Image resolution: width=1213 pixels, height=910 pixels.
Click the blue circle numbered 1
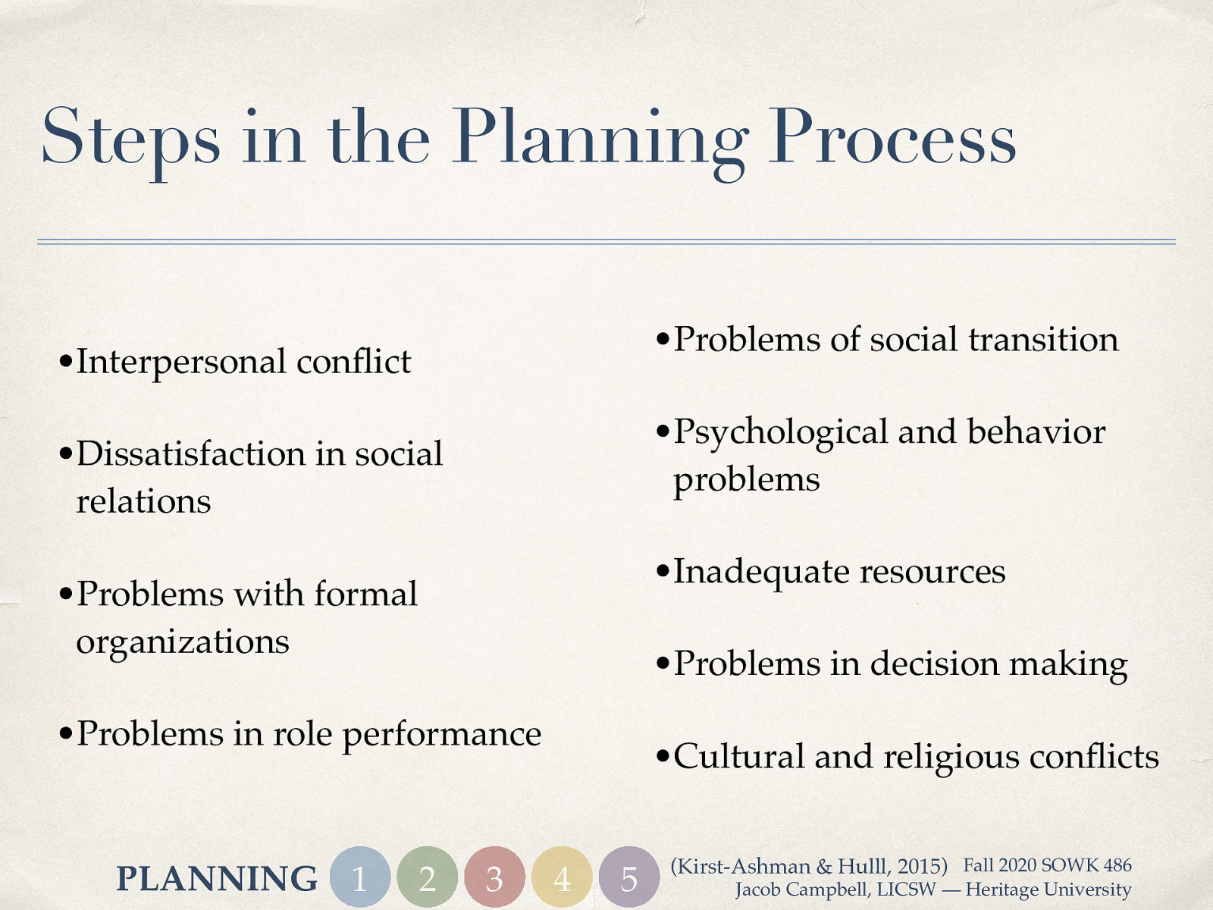pos(360,877)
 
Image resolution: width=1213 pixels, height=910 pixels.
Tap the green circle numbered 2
pos(428,877)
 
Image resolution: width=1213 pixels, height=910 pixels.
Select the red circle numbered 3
pos(494,877)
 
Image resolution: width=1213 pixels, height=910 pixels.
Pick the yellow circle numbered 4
pos(562,877)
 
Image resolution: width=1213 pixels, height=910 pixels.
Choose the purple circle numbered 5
pos(628,877)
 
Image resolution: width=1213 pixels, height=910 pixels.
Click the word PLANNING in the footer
pos(217,879)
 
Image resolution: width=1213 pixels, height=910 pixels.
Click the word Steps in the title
pos(130,138)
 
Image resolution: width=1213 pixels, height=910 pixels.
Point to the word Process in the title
pos(892,138)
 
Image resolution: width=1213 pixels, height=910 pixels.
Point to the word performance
pos(442,735)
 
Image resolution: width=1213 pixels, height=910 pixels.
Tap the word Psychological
pos(781,433)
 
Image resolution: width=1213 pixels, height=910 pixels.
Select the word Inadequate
pos(761,573)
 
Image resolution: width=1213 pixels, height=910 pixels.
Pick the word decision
pos(934,664)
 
